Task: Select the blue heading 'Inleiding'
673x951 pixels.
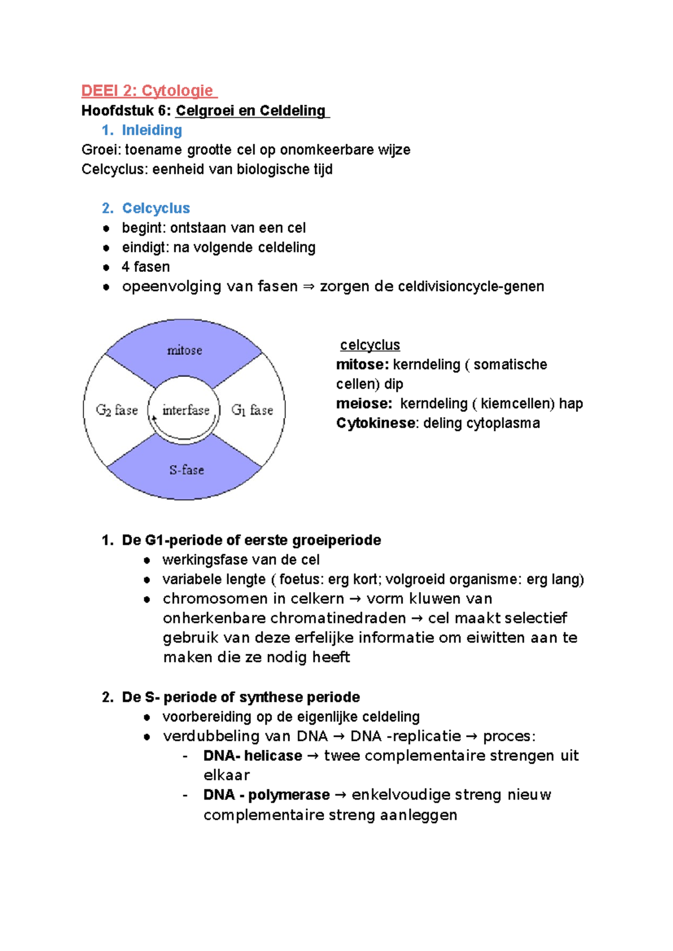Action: pos(152,130)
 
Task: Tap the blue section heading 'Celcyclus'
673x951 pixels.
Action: pos(156,208)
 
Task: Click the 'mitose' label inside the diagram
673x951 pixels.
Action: pos(185,350)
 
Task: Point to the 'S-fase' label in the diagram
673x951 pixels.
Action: pos(187,470)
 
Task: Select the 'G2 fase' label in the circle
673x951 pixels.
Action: pos(117,410)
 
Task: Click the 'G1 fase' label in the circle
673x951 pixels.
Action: pos(252,410)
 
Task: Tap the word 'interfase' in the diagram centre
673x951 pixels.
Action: pos(186,410)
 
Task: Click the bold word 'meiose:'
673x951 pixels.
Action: pos(363,403)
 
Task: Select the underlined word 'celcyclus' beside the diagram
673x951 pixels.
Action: pos(370,345)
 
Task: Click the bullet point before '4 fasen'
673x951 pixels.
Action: pos(107,267)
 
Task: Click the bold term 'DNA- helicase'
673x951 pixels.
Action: pos(252,756)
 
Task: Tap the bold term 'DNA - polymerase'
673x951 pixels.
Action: pos(266,795)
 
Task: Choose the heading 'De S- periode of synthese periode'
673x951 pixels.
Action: pos(241,697)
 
